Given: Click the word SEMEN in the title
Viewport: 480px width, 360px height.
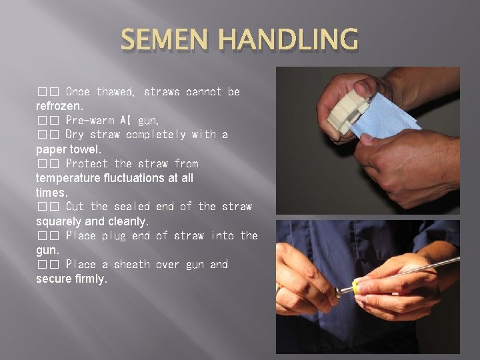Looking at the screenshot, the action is click(x=165, y=39).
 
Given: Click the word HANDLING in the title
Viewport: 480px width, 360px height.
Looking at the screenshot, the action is click(x=289, y=39).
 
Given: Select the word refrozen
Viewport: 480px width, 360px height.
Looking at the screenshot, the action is click(x=60, y=106).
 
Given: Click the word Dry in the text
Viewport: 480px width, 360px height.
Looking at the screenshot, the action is click(x=75, y=135).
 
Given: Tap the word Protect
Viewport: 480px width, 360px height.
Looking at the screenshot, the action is click(x=87, y=163).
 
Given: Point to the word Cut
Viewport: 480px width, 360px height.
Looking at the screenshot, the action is click(x=75, y=206).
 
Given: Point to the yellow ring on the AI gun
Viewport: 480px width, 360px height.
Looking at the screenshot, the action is click(x=355, y=287).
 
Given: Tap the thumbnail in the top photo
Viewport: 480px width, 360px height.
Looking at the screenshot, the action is click(x=363, y=86).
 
